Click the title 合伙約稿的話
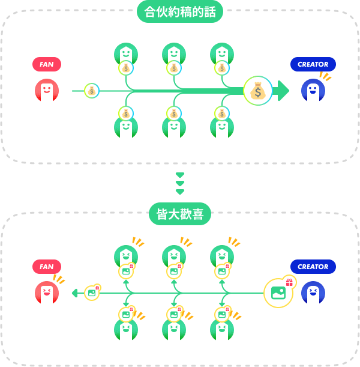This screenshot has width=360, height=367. (180, 11)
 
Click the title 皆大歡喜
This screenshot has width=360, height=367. (180, 214)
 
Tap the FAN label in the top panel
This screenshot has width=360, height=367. (47, 64)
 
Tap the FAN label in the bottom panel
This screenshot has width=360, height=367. (47, 267)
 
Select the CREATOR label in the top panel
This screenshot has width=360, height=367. (313, 64)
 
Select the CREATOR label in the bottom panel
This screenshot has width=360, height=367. (313, 267)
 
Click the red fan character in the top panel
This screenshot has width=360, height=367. (47, 91)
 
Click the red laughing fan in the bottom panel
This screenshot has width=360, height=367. (47, 293)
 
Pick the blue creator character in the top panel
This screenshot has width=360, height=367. (313, 91)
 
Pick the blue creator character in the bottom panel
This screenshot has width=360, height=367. (313, 293)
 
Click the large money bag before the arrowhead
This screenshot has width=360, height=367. (258, 91)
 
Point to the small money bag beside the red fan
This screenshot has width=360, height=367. (91, 91)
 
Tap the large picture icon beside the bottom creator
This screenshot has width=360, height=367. (278, 293)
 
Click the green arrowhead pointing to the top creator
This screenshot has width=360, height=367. (282, 91)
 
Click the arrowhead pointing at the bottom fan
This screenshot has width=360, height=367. (75, 293)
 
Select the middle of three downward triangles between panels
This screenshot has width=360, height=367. (180, 183)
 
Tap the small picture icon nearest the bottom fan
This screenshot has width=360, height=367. (92, 293)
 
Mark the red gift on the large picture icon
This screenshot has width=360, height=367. (289, 282)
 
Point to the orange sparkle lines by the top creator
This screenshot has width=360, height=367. (325, 76)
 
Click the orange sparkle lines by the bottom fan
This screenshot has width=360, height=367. (59, 279)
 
